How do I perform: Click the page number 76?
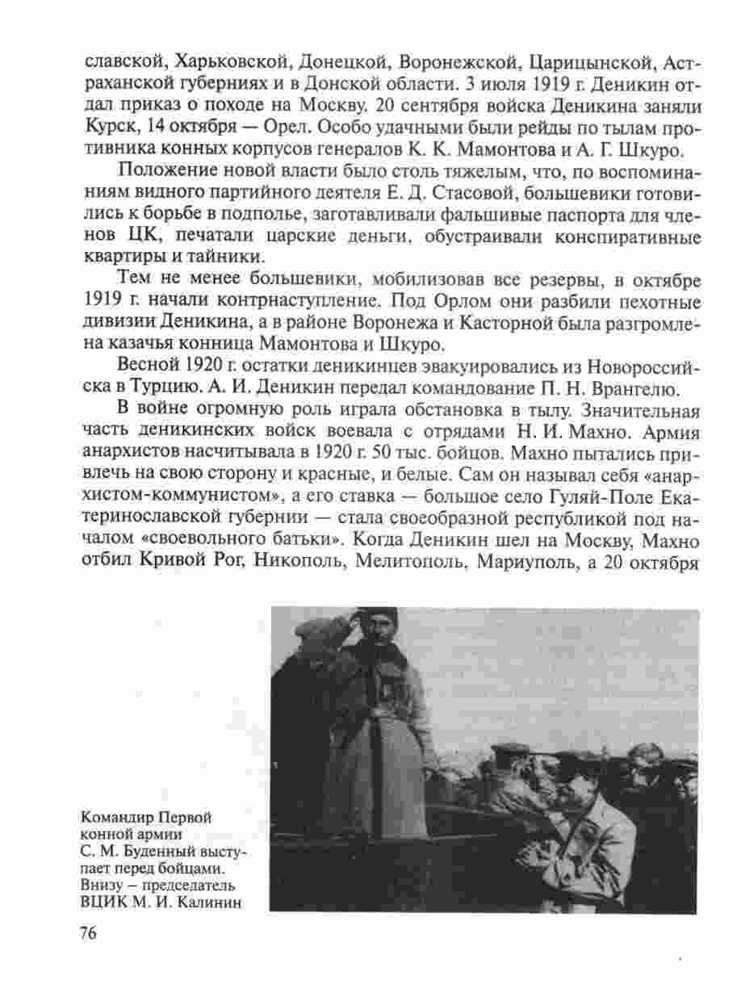pyautogui.click(x=88, y=933)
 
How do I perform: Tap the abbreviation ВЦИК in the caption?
pyautogui.click(x=101, y=901)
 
